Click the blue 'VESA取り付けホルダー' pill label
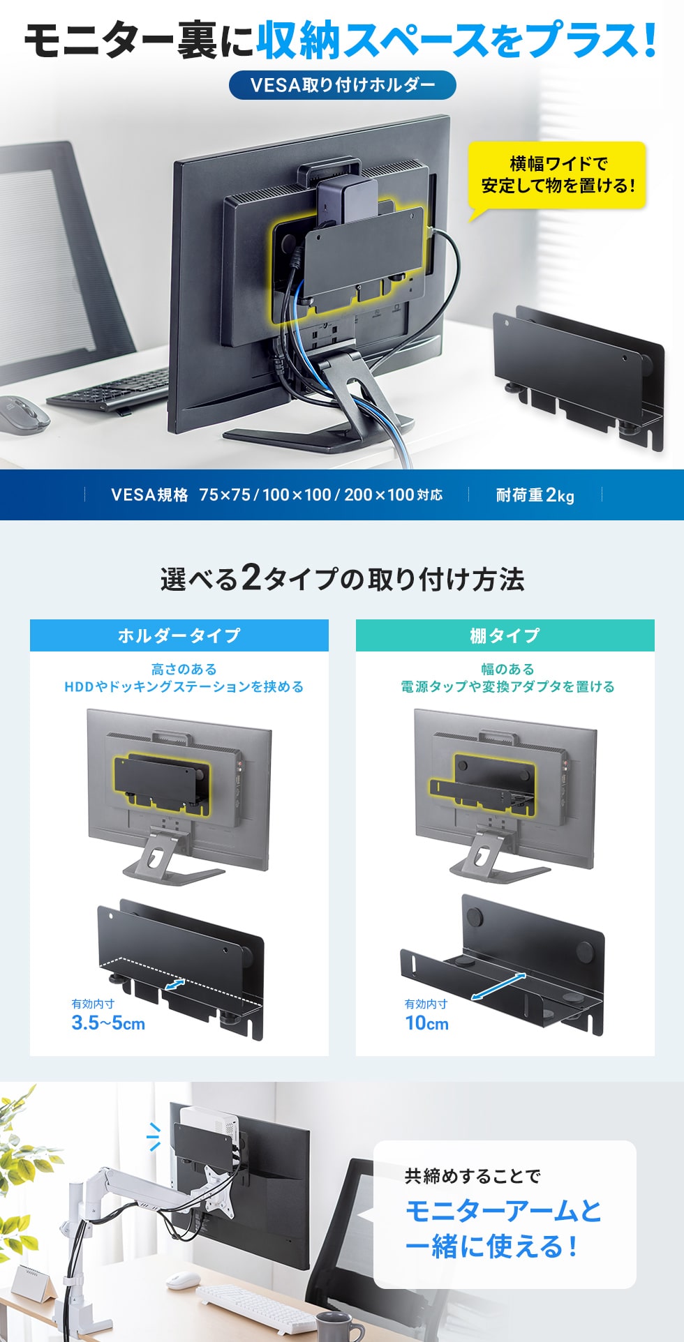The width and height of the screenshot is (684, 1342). tap(342, 85)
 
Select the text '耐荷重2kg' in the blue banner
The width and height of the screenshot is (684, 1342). tap(535, 495)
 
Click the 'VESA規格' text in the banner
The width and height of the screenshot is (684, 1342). tap(149, 495)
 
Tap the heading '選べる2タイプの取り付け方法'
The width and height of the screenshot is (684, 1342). tap(342, 579)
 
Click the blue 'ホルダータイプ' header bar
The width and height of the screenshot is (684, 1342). tap(179, 635)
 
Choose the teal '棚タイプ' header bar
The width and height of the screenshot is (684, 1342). tap(505, 635)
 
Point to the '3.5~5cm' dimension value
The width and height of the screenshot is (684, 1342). tap(108, 1023)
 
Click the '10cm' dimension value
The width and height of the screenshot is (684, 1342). tap(426, 1023)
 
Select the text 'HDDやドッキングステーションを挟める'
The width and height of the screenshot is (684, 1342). tap(184, 687)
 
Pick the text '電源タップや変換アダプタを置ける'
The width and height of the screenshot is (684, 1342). tap(507, 687)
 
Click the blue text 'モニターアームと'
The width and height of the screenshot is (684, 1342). tap(503, 1211)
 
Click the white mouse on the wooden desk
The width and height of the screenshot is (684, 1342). tap(183, 1280)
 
